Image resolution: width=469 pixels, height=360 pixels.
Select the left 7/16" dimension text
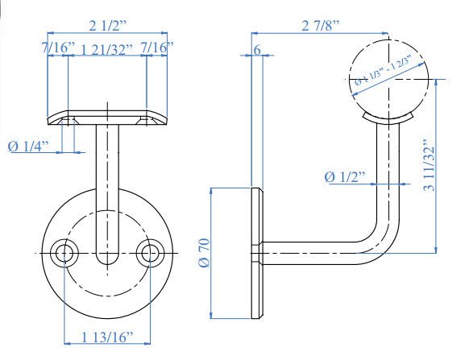point(60,50)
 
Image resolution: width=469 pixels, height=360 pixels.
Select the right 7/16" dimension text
point(156,50)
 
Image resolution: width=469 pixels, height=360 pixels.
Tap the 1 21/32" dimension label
point(108,50)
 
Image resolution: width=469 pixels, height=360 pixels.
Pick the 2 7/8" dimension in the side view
point(321,26)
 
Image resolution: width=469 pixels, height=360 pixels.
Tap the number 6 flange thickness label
point(256,50)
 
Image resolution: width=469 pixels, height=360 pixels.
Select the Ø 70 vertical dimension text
point(203,253)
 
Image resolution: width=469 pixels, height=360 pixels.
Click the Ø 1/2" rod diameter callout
point(345,176)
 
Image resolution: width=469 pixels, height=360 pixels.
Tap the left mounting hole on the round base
point(64,253)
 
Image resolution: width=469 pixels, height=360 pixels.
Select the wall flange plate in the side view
point(257,253)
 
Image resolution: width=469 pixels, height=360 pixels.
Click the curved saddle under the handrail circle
point(388,119)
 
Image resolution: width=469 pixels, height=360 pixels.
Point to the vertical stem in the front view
point(106,185)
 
